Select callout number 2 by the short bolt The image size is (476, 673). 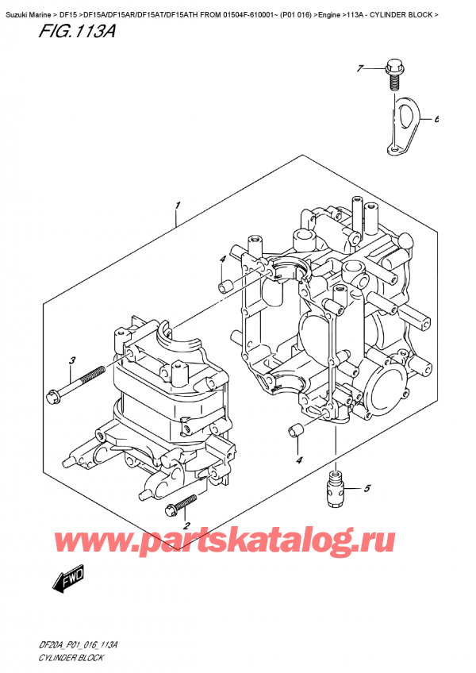click(186, 525)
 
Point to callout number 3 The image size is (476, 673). click(71, 361)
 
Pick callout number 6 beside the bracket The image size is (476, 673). click(436, 120)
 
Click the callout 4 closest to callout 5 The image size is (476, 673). click(298, 460)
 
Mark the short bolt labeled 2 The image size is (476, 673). click(180, 505)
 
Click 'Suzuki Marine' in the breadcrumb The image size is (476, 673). click(29, 7)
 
